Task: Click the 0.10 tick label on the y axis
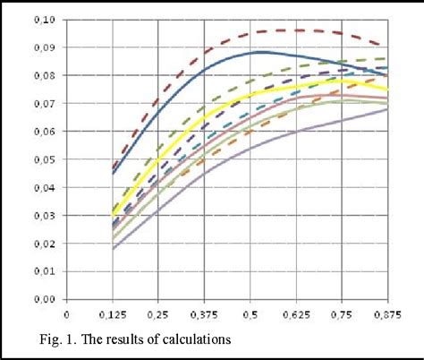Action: click(x=43, y=19)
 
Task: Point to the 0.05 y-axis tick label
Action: click(x=43, y=159)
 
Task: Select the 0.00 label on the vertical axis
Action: click(x=43, y=299)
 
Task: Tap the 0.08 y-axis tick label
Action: click(x=43, y=75)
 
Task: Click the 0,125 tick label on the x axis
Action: click(x=112, y=314)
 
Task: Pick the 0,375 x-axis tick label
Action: click(x=204, y=314)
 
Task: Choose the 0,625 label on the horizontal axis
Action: click(x=295, y=314)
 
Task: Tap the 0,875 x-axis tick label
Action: click(x=386, y=314)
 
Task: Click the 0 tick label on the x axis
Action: click(x=66, y=314)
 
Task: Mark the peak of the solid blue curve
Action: click(x=259, y=52)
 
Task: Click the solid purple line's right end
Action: click(x=387, y=110)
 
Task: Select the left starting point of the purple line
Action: click(x=113, y=249)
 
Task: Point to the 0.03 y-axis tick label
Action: click(x=43, y=215)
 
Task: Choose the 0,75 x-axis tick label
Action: click(x=341, y=314)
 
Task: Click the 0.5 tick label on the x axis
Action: click(x=250, y=314)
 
